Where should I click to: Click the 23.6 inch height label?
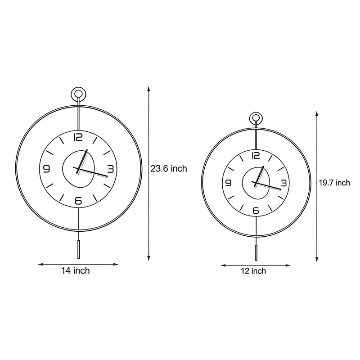[168, 169]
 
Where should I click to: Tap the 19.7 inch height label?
[334, 183]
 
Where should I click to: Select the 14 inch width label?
[76, 271]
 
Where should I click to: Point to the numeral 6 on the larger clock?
[79, 201]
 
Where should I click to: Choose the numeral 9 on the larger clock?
[47, 169]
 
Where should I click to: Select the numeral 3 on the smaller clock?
[284, 183]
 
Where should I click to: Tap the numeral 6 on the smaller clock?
[256, 210]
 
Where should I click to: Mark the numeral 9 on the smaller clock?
[228, 183]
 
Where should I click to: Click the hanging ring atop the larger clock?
[78, 94]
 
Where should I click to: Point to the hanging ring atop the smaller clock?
[256, 119]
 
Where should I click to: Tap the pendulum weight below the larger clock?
[78, 249]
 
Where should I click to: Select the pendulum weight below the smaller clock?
[256, 253]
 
